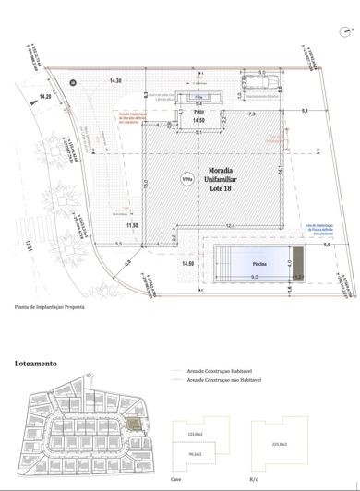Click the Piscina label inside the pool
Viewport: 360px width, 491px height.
[260, 265]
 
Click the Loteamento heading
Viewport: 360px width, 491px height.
[36, 364]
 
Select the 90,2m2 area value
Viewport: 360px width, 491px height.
[195, 454]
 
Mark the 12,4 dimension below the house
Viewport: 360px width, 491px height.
[230, 225]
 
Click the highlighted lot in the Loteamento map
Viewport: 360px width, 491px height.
[137, 425]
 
